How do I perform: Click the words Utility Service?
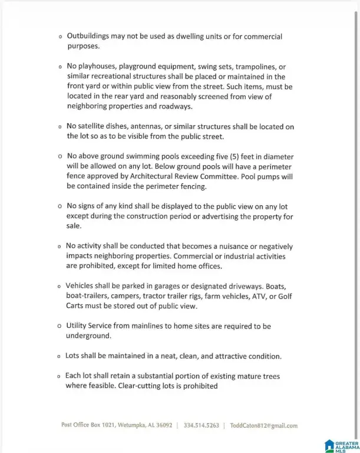(x=92, y=326)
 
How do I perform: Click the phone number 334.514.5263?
(x=202, y=425)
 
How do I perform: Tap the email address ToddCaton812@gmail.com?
(x=263, y=425)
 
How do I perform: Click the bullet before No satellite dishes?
(x=60, y=127)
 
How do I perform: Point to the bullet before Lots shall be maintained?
(x=60, y=357)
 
